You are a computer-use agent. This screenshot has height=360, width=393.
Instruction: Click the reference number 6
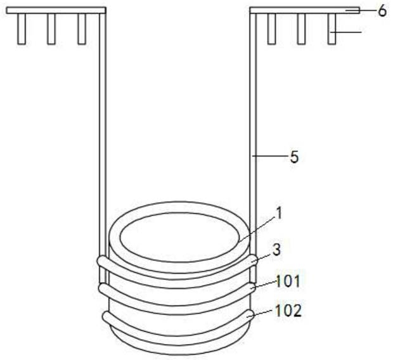(x=382, y=11)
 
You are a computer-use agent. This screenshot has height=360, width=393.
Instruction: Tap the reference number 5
(x=294, y=157)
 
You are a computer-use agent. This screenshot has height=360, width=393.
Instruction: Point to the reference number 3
(x=276, y=250)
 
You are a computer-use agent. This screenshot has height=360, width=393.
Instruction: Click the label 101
(x=288, y=281)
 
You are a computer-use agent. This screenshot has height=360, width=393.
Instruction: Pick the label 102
(x=288, y=311)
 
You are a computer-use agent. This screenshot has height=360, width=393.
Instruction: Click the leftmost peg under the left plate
(x=22, y=29)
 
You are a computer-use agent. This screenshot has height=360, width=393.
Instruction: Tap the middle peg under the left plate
(x=51, y=29)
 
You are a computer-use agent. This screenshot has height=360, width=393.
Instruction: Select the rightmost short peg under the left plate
(x=82, y=29)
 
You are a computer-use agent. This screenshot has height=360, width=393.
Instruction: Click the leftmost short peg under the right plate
(x=271, y=29)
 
